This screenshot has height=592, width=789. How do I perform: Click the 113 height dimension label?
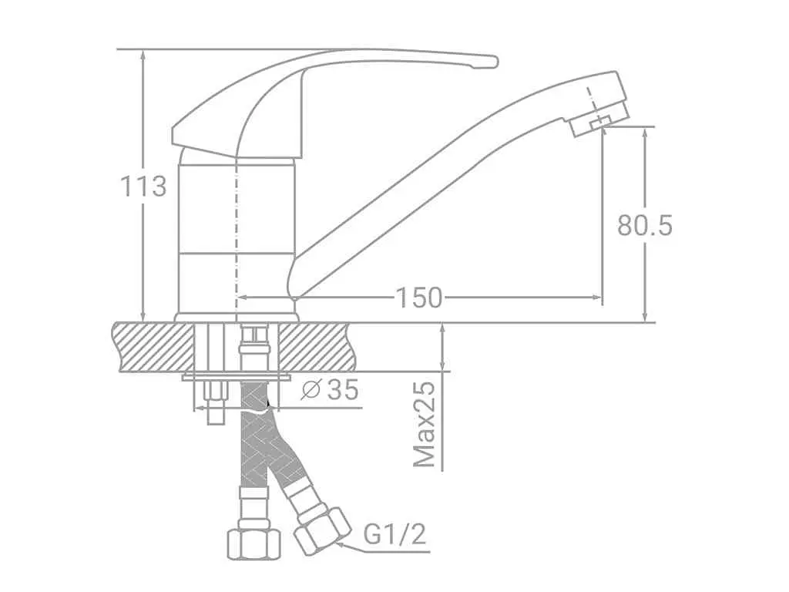(x=143, y=187)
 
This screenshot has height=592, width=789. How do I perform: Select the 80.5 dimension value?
(x=645, y=225)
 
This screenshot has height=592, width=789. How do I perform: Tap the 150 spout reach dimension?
(x=419, y=298)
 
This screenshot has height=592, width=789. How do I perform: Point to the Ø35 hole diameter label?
(x=330, y=389)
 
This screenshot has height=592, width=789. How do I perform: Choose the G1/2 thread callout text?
(x=395, y=534)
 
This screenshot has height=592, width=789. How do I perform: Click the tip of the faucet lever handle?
(x=494, y=62)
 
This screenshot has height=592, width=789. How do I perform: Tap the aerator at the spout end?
(x=599, y=117)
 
